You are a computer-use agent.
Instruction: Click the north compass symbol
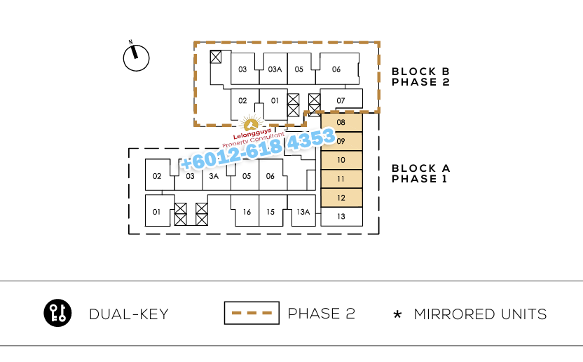tap(137, 58)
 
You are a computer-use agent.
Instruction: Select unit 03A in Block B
tap(275, 69)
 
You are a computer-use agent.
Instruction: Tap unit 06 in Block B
tap(336, 69)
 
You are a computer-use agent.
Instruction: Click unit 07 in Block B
tap(341, 100)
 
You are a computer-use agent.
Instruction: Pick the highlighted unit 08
tap(341, 123)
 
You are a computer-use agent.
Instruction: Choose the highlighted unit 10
tap(341, 160)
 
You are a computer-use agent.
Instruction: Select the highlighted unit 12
tap(341, 198)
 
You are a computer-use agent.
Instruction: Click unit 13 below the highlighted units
tap(341, 217)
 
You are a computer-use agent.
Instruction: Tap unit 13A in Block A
tap(303, 212)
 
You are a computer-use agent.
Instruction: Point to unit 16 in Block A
tap(247, 212)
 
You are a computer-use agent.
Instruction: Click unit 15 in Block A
tap(270, 212)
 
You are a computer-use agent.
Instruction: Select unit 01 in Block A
tap(157, 212)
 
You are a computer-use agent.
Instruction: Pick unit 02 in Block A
tap(157, 176)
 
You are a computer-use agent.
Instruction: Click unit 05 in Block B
tap(299, 69)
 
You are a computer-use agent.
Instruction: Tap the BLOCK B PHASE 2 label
tap(420, 76)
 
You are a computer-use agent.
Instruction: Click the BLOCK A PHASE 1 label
tap(420, 173)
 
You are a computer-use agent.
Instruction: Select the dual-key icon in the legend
tap(57, 313)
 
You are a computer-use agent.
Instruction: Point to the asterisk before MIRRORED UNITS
tap(397, 315)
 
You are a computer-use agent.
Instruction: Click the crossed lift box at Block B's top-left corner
tap(217, 56)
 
